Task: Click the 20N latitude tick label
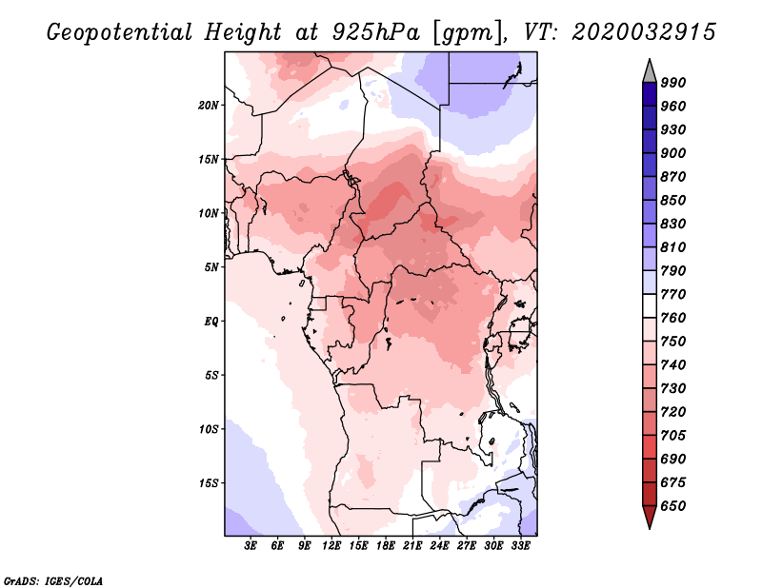click(209, 106)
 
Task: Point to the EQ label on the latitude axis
click(211, 322)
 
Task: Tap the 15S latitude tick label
click(209, 483)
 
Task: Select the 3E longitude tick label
click(251, 545)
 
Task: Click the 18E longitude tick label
click(386, 545)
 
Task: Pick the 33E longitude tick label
click(520, 545)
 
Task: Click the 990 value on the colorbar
click(673, 83)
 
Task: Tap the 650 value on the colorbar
click(673, 506)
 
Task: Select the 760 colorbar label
click(673, 318)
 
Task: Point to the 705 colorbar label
click(673, 435)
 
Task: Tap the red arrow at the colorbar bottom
click(650, 517)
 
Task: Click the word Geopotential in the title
click(120, 33)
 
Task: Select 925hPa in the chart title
click(375, 32)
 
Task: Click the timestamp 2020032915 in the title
click(644, 32)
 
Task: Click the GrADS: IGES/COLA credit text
click(53, 581)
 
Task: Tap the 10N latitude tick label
click(209, 213)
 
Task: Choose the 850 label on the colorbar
click(673, 200)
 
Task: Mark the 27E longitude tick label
click(466, 545)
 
